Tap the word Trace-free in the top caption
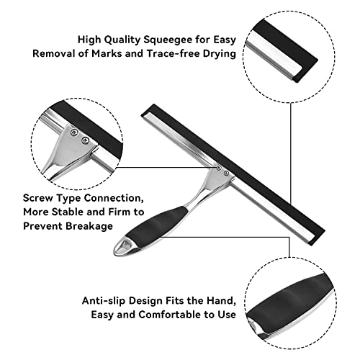click(174, 53)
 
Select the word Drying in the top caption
click(220, 54)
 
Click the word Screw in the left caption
click(38, 198)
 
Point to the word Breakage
click(89, 227)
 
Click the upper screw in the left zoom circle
click(74, 132)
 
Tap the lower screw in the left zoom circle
click(85, 140)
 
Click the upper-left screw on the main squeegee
click(219, 168)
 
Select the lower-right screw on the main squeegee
click(226, 173)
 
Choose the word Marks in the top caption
click(107, 53)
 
